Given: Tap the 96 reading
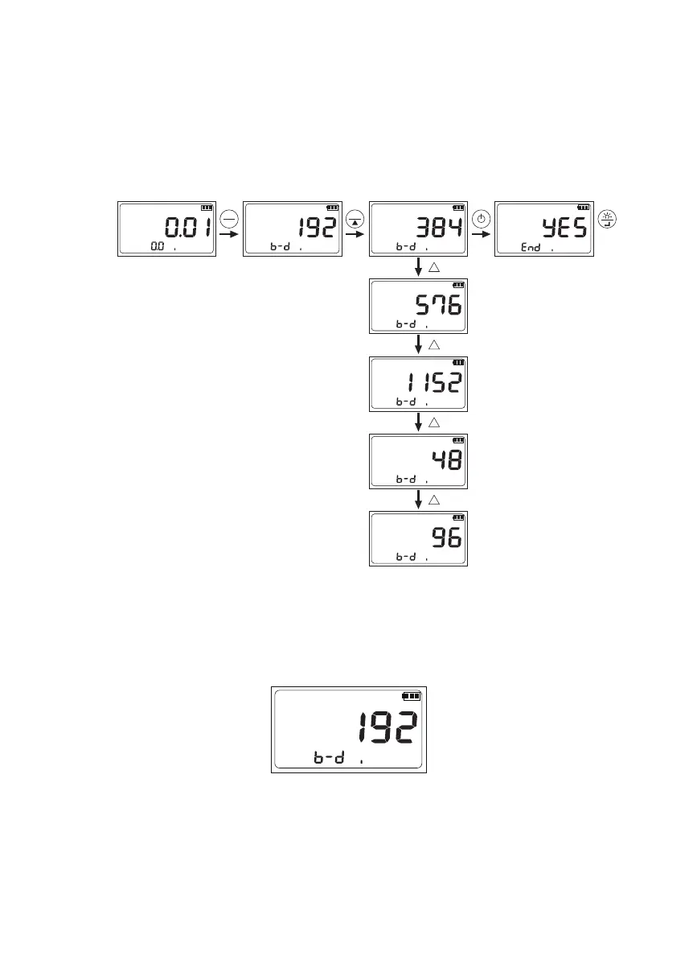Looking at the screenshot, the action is click(446, 537).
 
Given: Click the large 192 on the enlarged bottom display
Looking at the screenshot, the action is click(387, 729).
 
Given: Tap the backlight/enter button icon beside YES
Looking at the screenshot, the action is click(608, 219).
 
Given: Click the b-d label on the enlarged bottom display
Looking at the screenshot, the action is click(329, 758).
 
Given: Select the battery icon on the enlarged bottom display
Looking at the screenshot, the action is click(412, 696).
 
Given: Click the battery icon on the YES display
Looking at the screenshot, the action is click(583, 208).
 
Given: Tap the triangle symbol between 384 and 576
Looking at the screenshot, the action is click(433, 268).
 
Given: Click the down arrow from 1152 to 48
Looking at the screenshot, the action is click(418, 422).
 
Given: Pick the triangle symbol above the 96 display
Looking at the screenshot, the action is click(433, 500).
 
